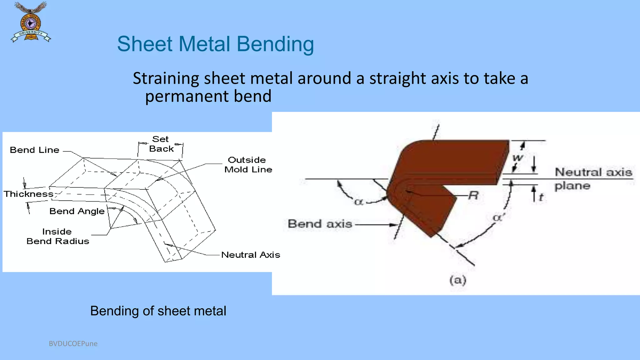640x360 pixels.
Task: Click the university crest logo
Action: (31, 22)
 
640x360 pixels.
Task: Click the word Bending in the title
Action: (275, 44)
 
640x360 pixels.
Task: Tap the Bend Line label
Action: (34, 150)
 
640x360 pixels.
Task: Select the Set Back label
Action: (161, 144)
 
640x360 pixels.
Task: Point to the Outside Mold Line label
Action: (248, 165)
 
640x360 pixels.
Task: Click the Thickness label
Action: (28, 194)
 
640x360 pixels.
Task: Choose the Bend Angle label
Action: (77, 211)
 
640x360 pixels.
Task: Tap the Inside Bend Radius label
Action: (58, 236)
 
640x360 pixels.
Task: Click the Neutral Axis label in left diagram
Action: (250, 255)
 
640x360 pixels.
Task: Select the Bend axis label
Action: (320, 224)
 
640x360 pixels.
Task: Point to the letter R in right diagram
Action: (473, 196)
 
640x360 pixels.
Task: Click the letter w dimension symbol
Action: (517, 157)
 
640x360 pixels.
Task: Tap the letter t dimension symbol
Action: (541, 197)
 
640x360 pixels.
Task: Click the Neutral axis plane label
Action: (593, 178)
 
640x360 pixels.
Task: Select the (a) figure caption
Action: (458, 280)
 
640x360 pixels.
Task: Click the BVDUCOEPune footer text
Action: (73, 344)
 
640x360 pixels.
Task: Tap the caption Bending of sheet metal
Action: (158, 311)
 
